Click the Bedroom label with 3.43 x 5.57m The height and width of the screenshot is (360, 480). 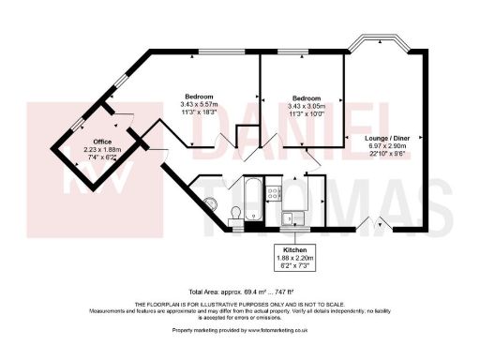(x=198, y=97)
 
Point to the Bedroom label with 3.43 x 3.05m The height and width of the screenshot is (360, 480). (x=307, y=97)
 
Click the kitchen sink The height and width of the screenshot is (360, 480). (x=292, y=219)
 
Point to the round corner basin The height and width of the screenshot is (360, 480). (x=209, y=203)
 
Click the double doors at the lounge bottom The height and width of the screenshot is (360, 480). (x=373, y=223)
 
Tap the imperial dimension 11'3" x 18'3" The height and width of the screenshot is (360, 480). (x=198, y=112)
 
